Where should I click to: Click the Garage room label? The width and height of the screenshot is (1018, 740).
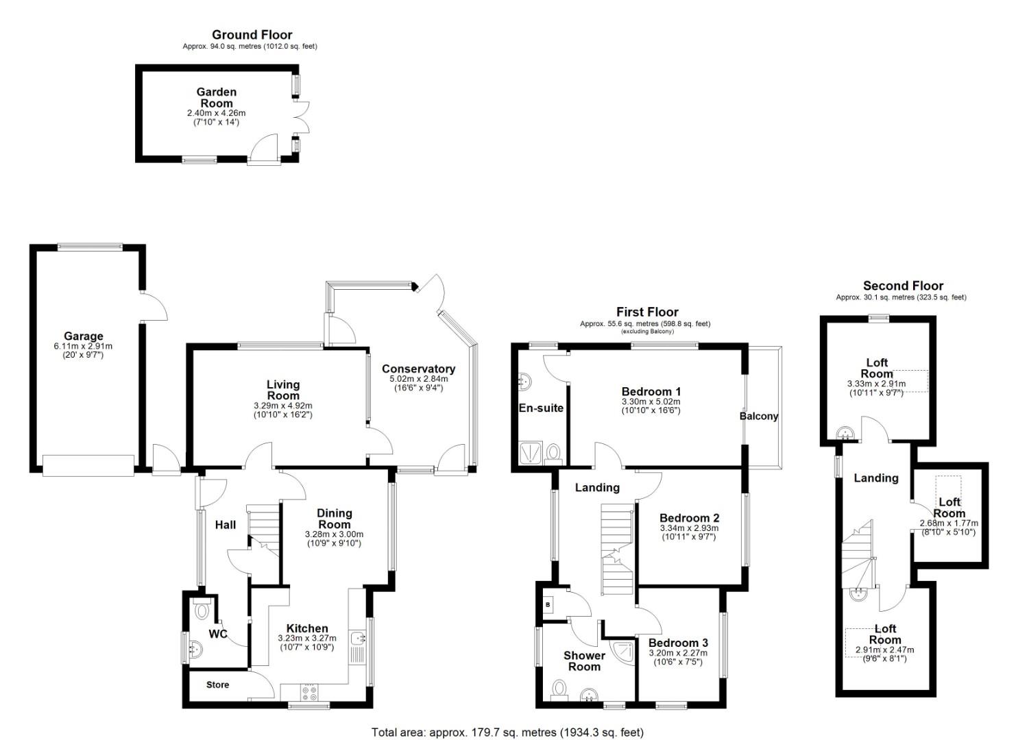click(84, 336)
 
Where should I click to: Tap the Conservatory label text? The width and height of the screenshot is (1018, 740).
click(418, 369)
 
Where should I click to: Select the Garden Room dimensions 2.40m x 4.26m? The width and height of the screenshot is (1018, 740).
click(217, 113)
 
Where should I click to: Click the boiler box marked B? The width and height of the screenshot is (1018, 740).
click(548, 605)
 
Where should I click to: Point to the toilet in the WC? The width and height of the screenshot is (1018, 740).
click(202, 609)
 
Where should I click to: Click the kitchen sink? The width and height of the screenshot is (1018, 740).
click(358, 639)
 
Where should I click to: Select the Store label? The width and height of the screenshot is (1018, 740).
click(217, 684)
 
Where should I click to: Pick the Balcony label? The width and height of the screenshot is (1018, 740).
click(759, 416)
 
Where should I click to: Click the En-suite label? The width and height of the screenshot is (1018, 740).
click(541, 408)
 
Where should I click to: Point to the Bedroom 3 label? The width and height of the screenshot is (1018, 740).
click(678, 643)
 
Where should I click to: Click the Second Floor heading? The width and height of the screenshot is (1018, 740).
click(903, 286)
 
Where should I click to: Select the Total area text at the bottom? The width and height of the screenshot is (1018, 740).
click(507, 732)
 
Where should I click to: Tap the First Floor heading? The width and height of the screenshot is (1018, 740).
click(646, 312)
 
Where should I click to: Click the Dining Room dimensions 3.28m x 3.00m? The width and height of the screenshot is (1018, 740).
click(334, 534)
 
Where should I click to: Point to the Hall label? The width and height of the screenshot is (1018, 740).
click(226, 525)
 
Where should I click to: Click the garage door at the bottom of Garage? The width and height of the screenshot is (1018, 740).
click(88, 465)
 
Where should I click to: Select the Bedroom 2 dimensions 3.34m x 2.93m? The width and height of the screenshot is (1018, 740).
click(689, 528)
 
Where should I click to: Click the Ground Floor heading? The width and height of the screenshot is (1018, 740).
click(252, 34)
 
